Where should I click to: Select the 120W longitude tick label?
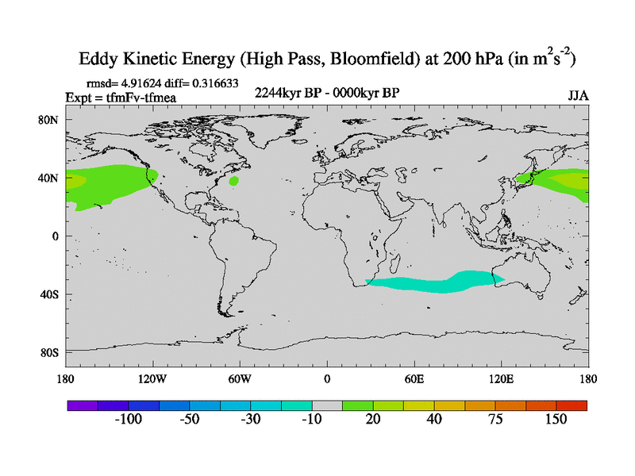[x=152, y=378]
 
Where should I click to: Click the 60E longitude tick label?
[x=414, y=378]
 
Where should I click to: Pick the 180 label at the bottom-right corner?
[x=587, y=378]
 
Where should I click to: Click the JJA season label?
[x=579, y=96]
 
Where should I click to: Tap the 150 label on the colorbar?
[x=556, y=419]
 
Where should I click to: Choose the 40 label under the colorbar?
[x=433, y=419]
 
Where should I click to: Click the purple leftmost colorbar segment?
[x=82, y=405]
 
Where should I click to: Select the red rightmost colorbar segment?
[x=571, y=405]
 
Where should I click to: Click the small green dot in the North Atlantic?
[x=234, y=181]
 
